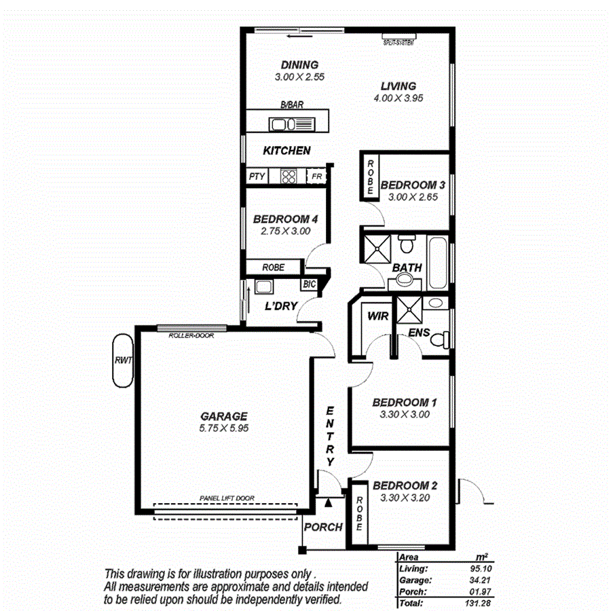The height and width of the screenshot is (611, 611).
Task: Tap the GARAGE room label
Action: (x=223, y=416)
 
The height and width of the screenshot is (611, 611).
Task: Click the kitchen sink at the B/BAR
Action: (x=289, y=124)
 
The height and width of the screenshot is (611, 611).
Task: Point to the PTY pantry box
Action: (x=256, y=177)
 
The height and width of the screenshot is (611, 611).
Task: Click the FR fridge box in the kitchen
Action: (x=316, y=177)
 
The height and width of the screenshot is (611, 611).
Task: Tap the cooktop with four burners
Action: (x=289, y=177)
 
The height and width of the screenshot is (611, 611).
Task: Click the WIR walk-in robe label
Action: (x=377, y=316)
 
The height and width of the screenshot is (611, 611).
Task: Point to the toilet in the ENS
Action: (x=441, y=337)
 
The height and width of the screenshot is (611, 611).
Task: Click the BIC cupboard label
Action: (x=310, y=284)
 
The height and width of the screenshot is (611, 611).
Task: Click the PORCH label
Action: (x=322, y=527)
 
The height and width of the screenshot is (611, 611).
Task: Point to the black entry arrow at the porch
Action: (x=328, y=502)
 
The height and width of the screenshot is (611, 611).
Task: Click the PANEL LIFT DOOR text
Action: (x=227, y=498)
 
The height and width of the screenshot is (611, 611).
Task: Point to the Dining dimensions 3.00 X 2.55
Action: (x=299, y=77)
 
